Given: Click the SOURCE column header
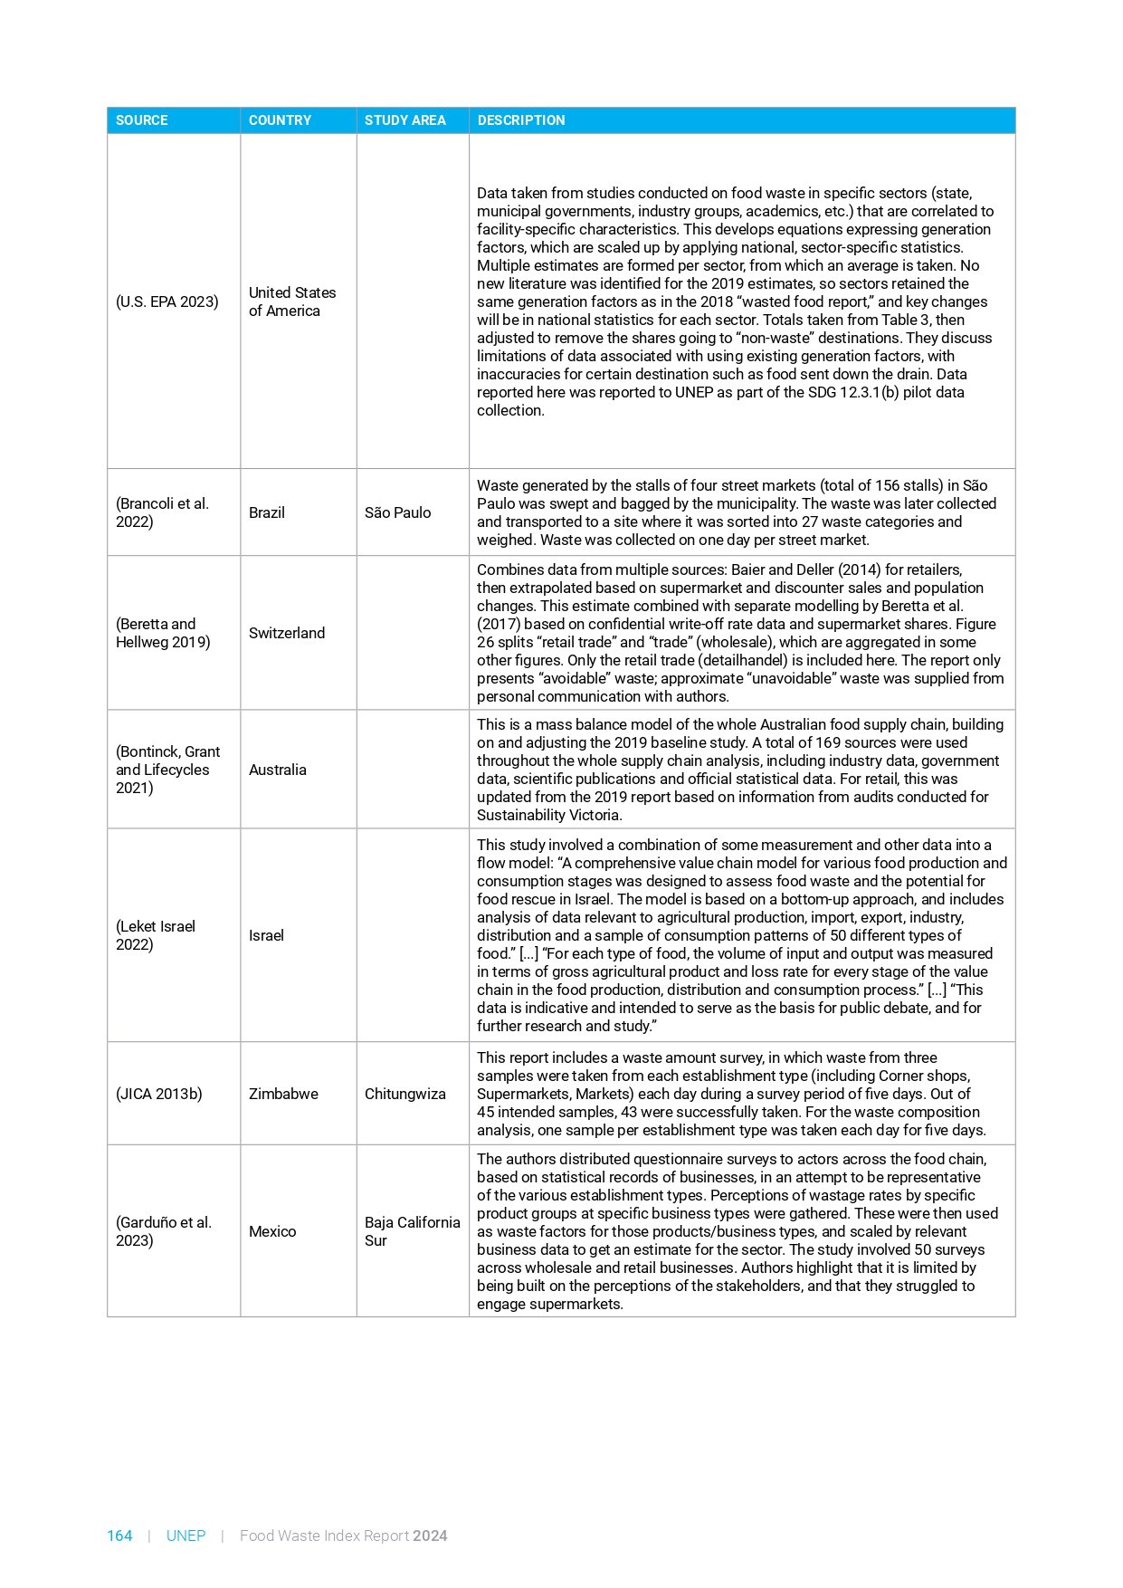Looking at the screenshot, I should (141, 120).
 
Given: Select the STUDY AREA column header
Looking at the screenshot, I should (404, 120).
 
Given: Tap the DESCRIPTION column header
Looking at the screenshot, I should (520, 120).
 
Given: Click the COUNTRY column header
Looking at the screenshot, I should (280, 120).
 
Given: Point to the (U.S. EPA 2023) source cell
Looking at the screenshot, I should (167, 301).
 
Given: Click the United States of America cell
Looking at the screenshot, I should (291, 301).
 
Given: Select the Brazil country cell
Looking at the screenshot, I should (267, 512).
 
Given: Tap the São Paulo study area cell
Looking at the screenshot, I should (397, 512).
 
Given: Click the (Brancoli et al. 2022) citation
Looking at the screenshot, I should (162, 512).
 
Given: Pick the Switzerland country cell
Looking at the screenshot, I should (287, 633).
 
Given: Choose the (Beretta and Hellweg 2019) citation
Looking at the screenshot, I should (163, 633).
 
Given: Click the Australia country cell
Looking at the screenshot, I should (278, 770).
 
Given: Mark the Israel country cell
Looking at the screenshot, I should (267, 935).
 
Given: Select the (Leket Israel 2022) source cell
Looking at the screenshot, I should (156, 935).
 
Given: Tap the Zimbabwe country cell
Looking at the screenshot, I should (283, 1094).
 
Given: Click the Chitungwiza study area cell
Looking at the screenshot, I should (404, 1094).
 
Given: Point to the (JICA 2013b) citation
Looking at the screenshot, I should (159, 1094).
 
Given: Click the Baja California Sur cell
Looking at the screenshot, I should (412, 1231).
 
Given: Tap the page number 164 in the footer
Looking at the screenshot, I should (119, 1535).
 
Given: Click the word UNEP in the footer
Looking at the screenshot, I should (186, 1535).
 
